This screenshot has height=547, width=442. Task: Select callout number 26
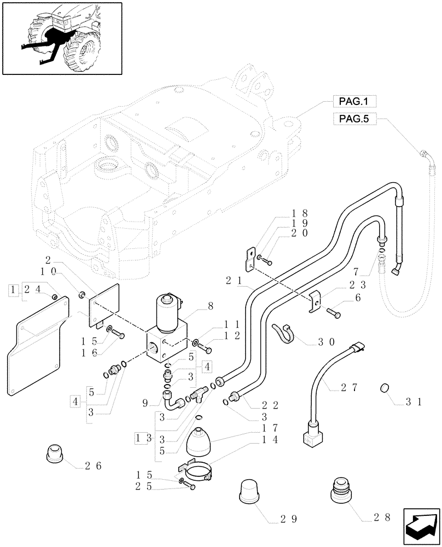tap(93, 466)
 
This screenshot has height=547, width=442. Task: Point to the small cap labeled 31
tap(385, 389)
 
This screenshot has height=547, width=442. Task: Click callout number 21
tap(232, 280)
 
